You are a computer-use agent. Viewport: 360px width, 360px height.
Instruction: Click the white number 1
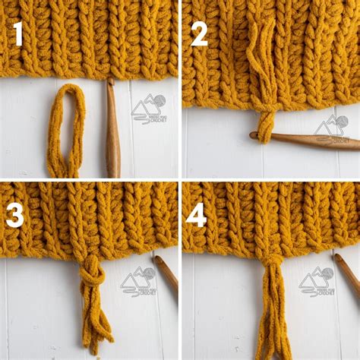coord(16,35)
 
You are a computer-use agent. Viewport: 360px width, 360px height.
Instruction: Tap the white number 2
coord(199,34)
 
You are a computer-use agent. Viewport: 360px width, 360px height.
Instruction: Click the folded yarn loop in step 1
coord(63,129)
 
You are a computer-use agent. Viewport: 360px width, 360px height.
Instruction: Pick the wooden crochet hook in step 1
coord(112,129)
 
